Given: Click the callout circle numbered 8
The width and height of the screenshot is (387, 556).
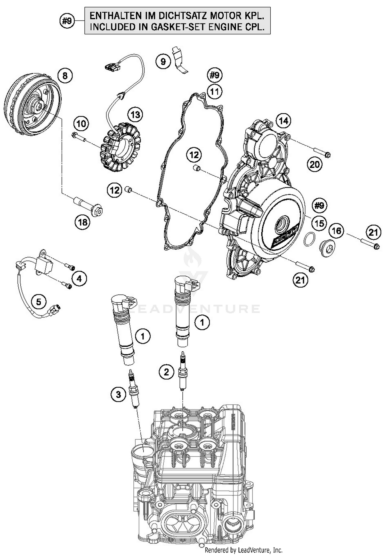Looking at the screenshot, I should point(65,76).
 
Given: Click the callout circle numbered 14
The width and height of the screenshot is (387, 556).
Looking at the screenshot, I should point(284,121).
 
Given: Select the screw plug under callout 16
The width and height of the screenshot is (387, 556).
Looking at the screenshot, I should point(326,249).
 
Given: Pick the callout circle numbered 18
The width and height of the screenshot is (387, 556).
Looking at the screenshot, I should point(83,222).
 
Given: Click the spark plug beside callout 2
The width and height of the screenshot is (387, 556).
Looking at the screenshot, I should point(183,371).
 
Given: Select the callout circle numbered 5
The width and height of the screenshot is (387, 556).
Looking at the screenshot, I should point(38,301).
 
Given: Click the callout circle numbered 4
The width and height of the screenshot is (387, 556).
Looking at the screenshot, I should point(79,278).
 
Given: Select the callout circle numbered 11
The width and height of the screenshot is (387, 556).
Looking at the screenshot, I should point(214,91).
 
